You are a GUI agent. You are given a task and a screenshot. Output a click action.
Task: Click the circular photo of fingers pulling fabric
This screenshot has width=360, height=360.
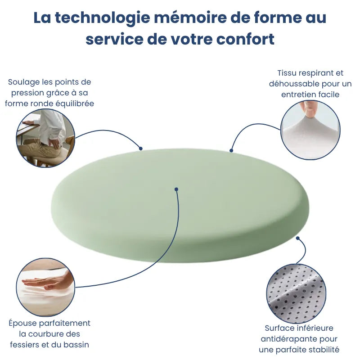[x=310, y=130]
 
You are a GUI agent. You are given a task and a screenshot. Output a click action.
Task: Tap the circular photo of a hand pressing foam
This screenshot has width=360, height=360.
[x=45, y=287]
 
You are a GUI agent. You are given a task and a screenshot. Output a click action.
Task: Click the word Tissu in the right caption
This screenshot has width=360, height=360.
[x=287, y=73]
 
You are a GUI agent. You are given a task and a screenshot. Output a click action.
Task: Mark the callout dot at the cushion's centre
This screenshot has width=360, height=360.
[x=176, y=189]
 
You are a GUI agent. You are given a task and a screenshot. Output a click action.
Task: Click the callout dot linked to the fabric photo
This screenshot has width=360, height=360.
[x=231, y=150]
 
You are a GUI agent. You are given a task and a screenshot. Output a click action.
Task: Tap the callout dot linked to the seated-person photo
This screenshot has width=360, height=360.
[x=140, y=148]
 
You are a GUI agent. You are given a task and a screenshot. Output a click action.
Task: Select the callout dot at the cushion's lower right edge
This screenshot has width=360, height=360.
[x=297, y=238]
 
